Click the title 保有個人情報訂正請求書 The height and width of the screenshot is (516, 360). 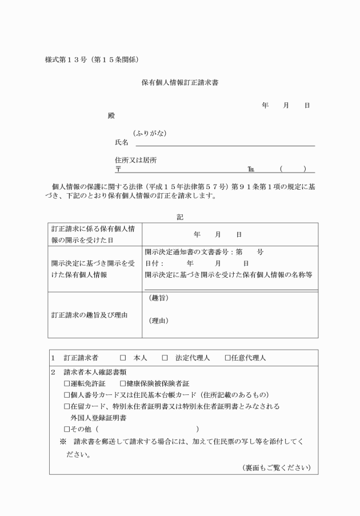[180, 82]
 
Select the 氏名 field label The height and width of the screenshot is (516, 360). [122, 143]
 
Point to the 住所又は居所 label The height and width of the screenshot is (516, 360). [136, 161]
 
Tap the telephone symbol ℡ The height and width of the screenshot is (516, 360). [251, 169]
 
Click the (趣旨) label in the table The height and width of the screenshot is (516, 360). [158, 298]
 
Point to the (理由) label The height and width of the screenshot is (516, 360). [158, 321]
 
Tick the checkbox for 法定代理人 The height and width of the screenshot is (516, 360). [165, 358]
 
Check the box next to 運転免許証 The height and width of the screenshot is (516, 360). [67, 383]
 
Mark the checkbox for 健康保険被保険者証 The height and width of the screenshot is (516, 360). [123, 383]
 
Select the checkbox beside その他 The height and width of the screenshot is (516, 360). [67, 429]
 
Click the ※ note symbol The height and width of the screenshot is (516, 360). [63, 442]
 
